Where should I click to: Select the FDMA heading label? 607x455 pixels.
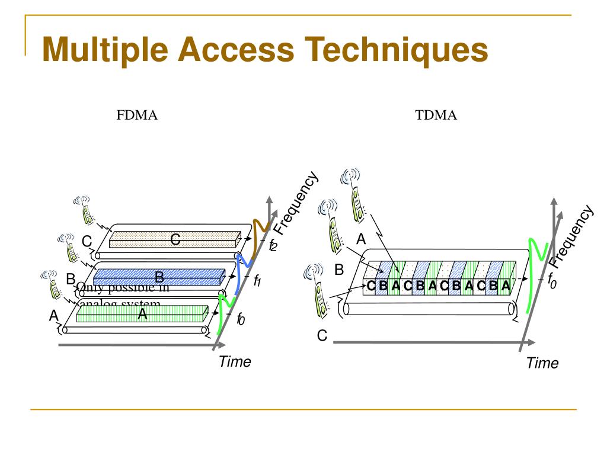(137, 115)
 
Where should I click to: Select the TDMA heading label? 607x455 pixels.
(436, 115)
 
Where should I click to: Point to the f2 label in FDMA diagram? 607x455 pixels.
(272, 245)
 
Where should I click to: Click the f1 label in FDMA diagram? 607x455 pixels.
(257, 281)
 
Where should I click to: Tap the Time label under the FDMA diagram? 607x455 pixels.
(235, 361)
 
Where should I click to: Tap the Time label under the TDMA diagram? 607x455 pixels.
(542, 363)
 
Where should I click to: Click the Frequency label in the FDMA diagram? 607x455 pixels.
(296, 203)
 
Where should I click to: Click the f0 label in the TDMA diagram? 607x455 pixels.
(551, 279)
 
